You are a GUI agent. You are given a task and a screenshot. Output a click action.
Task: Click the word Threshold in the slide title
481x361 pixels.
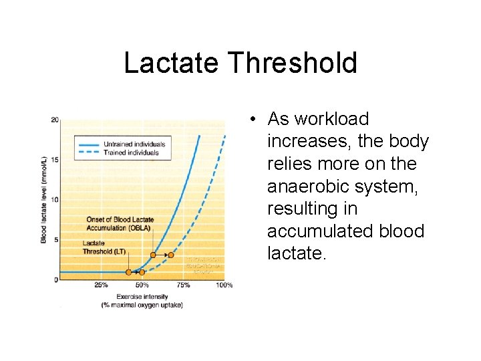point(293,64)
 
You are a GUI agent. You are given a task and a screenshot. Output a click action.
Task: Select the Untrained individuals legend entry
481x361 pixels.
point(134,144)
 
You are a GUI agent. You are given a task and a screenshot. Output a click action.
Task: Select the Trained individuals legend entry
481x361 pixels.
point(131,152)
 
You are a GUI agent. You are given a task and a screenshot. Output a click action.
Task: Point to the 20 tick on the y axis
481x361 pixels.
point(55,120)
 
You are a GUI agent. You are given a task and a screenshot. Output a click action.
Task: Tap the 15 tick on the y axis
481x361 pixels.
point(55,160)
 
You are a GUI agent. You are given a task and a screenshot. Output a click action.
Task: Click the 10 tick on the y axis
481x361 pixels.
point(55,200)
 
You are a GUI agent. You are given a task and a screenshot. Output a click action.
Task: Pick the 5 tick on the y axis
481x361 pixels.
point(56,239)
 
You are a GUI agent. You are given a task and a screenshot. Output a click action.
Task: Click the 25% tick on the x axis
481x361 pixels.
point(101,285)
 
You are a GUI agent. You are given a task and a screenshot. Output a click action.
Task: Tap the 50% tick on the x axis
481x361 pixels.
point(142,285)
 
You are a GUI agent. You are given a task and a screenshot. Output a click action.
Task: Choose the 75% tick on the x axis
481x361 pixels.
point(183,285)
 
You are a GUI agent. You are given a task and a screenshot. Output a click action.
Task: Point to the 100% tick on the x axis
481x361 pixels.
point(224,285)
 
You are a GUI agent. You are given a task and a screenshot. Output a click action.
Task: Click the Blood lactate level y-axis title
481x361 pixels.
point(44,200)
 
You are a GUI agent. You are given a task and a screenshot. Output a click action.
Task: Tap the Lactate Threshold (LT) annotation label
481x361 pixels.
point(104,247)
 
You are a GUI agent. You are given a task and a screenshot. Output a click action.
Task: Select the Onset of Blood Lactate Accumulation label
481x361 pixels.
point(120,223)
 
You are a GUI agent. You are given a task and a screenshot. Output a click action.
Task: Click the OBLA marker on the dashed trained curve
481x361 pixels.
point(170,255)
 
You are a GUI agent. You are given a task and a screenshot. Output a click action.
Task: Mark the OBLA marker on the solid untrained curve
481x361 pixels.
point(153,255)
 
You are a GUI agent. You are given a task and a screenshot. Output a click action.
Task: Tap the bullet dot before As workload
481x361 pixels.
point(255,120)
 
